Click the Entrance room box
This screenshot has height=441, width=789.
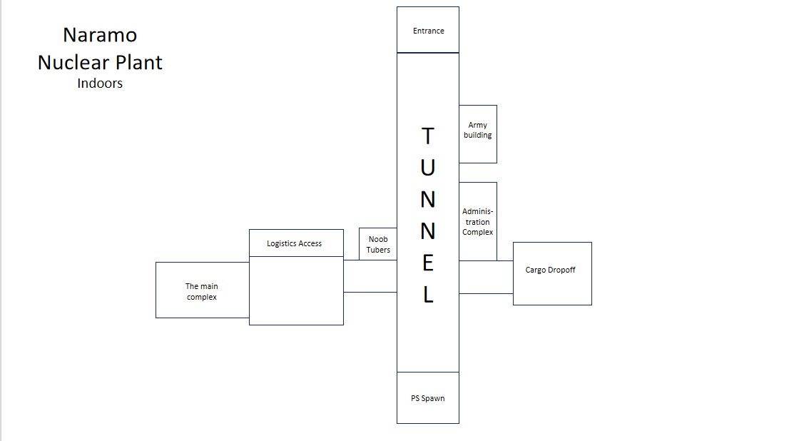[428, 30]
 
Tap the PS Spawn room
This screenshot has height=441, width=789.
[428, 397]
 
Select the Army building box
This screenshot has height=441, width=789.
[478, 133]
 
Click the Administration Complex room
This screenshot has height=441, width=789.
[478, 221]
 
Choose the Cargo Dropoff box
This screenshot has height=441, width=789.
[552, 273]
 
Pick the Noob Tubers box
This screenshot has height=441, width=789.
[378, 245]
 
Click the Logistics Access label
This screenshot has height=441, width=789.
[295, 243]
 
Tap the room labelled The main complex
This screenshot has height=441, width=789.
[202, 290]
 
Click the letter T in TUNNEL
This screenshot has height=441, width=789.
[428, 136]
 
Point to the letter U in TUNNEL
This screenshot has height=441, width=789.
[428, 168]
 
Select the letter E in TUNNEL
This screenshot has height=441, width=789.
[428, 263]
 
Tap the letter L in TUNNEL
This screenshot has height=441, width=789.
[428, 295]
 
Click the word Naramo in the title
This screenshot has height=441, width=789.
[100, 35]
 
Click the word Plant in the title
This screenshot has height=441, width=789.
[139, 63]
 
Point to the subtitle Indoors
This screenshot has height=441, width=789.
[100, 83]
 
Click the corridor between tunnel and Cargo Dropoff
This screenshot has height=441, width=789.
[486, 277]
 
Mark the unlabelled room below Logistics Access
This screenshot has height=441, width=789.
[296, 290]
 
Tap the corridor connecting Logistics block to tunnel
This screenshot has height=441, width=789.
[370, 276]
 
